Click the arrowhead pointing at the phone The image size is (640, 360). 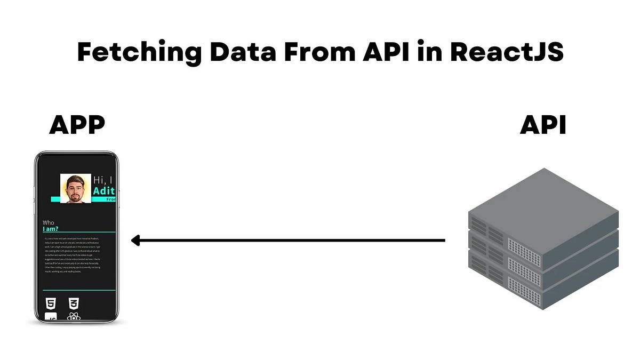pyautogui.click(x=135, y=241)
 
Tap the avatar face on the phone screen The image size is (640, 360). pyautogui.click(x=75, y=189)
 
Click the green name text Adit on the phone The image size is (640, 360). pyautogui.click(x=104, y=191)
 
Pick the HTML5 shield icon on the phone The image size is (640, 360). pyautogui.click(x=51, y=304)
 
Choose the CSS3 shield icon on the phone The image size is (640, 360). pyautogui.click(x=74, y=304)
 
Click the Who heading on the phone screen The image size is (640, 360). pyautogui.click(x=49, y=222)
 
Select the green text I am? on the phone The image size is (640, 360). pyautogui.click(x=50, y=229)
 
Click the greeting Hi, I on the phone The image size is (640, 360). pyautogui.click(x=104, y=180)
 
